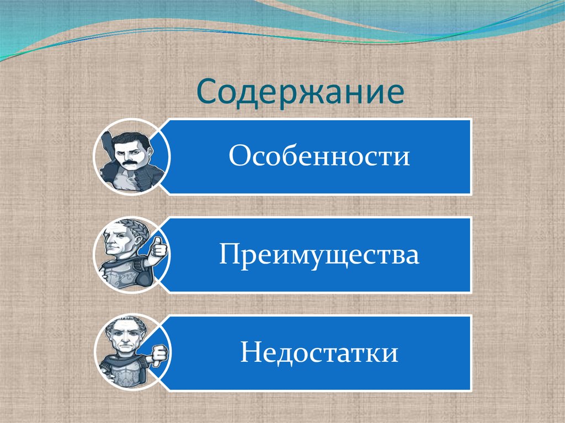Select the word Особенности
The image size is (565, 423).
coord(319,157)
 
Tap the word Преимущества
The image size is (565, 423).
coord(319,255)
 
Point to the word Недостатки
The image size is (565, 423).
coord(319,353)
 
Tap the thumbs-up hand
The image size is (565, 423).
coord(158,249)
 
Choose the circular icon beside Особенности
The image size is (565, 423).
coord(131,157)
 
